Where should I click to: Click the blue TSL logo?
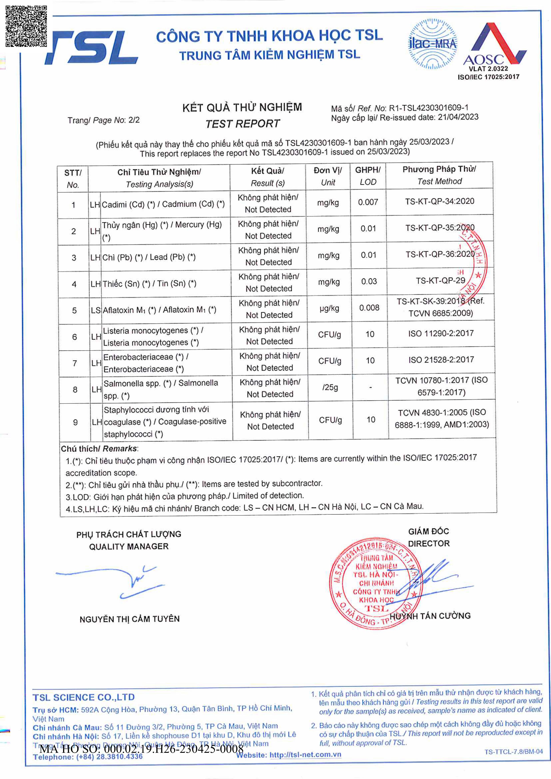(92, 48)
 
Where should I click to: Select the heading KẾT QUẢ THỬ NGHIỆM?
(242, 107)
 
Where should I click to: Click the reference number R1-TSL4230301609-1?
(428, 108)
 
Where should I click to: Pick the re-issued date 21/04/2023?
(458, 117)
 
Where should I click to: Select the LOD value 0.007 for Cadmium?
(368, 202)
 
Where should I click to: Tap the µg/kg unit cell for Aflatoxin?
(329, 308)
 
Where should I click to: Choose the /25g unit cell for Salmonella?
(330, 388)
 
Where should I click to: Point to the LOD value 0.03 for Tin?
(369, 281)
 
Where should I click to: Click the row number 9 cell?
(75, 422)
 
